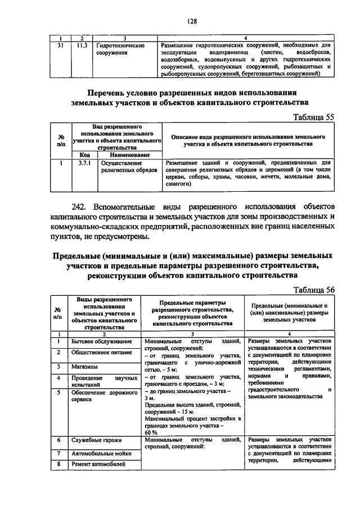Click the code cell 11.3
[82, 45]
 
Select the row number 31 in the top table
[60, 45]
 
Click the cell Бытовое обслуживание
[101, 342]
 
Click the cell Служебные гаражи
[97, 442]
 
